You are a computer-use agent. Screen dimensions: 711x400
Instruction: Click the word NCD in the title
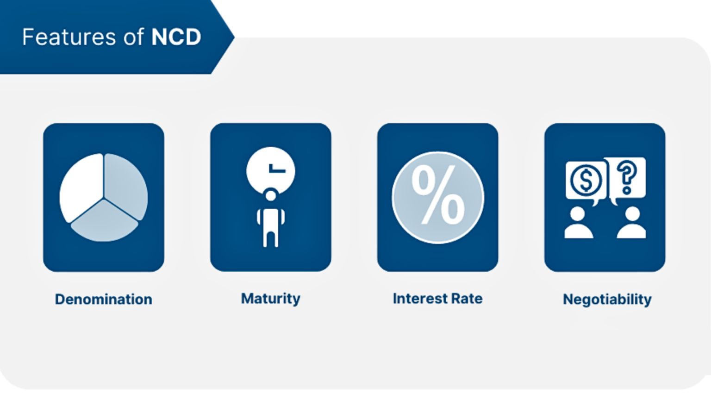coord(176,37)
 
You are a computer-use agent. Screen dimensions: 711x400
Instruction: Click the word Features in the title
coord(69,37)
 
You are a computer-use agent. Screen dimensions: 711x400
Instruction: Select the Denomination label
coord(104,299)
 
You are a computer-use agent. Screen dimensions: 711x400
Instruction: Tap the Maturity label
coord(270,299)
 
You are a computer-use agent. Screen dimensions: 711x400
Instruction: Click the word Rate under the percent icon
coord(467,299)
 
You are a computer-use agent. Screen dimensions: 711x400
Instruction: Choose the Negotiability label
coord(607,300)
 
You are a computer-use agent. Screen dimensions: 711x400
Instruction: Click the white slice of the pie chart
coord(82,187)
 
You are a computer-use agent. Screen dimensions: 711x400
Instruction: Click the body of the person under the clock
coord(270,227)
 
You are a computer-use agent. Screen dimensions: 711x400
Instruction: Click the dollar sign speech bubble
coord(586,182)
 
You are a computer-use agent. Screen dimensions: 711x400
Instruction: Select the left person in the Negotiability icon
coord(578,223)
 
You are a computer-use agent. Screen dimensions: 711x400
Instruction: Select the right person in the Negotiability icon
coord(631,223)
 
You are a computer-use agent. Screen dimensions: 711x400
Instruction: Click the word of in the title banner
coord(134,37)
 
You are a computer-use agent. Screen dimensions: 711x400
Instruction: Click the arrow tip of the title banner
coord(234,37)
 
